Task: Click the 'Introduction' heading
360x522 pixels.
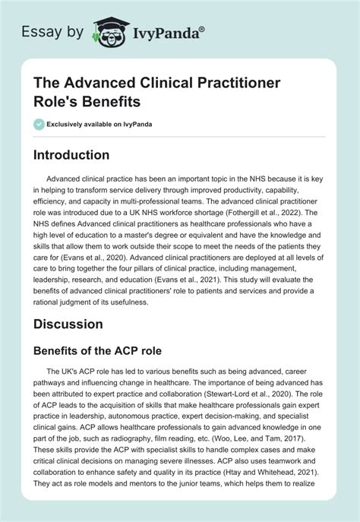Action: tap(82, 155)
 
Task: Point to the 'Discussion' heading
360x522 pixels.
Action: tap(79, 323)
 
